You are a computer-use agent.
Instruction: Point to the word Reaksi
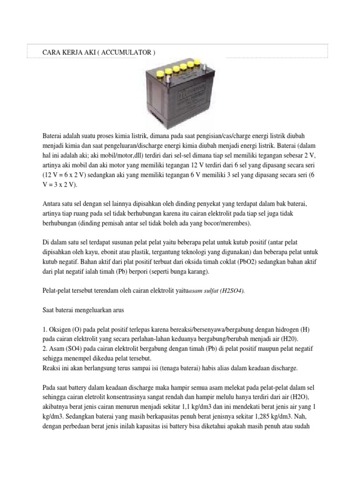tap(52, 367)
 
